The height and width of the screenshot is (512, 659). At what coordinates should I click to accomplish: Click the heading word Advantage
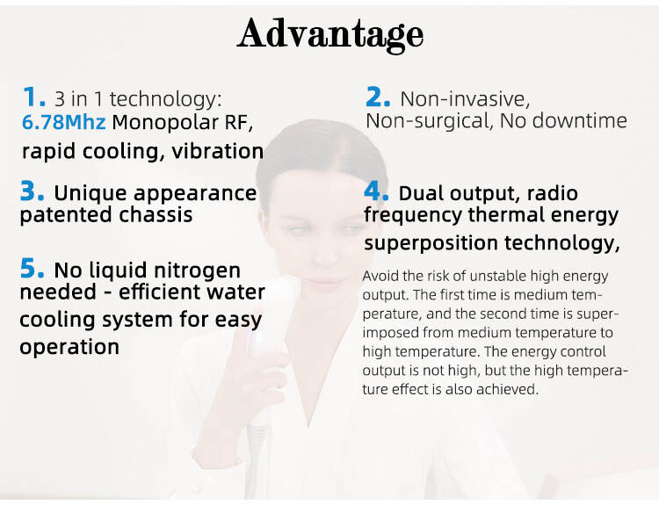(330, 34)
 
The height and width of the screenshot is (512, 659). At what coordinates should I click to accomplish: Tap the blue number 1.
(33, 97)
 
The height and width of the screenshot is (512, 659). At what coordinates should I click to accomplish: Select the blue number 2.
(378, 97)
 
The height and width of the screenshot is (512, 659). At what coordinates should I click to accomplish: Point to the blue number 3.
(32, 191)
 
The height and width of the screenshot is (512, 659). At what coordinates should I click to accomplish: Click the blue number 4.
(376, 191)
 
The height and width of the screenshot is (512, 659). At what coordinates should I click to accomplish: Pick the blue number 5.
(32, 269)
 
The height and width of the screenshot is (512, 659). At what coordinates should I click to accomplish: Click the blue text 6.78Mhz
(63, 122)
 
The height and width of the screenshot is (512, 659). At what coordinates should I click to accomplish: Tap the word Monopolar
(165, 123)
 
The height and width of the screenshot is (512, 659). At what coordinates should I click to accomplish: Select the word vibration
(218, 151)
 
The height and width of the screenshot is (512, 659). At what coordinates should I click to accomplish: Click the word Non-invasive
(465, 99)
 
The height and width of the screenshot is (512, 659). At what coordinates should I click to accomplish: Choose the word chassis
(156, 214)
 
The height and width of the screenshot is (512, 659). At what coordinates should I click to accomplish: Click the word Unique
(90, 194)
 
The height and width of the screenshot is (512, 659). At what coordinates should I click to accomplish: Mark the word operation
(69, 348)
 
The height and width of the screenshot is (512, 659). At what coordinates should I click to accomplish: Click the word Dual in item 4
(421, 193)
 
